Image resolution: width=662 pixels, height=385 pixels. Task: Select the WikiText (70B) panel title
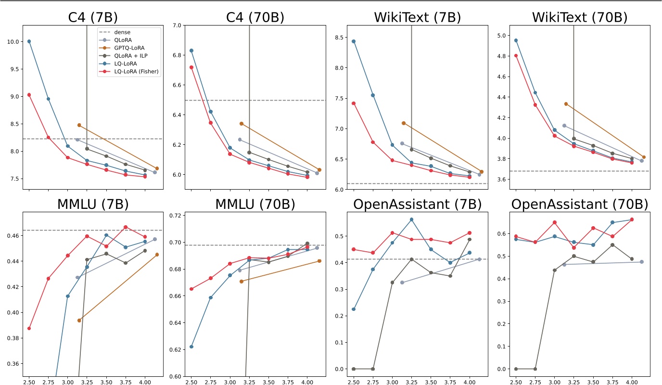coord(579,17)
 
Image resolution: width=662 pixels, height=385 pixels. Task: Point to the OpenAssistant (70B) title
coord(579,204)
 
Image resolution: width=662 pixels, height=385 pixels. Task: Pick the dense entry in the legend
coord(119,32)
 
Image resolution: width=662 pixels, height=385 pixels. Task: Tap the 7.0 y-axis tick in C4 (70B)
coord(178,25)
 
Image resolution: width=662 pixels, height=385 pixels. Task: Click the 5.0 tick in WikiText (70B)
coord(502,36)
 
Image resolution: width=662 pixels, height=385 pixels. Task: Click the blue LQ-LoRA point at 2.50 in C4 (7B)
coord(29,41)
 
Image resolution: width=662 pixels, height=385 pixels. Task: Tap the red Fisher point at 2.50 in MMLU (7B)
coord(29,328)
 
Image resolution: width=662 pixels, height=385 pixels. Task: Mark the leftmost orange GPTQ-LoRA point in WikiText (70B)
coord(566,103)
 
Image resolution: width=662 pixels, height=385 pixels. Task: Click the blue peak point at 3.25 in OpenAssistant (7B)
coord(411,219)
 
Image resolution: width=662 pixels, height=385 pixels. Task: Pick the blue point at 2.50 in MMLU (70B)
coord(191,346)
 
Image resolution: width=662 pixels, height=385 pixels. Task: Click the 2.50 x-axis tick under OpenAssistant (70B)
coord(516,380)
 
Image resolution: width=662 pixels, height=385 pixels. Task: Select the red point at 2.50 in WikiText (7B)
coord(354,103)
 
